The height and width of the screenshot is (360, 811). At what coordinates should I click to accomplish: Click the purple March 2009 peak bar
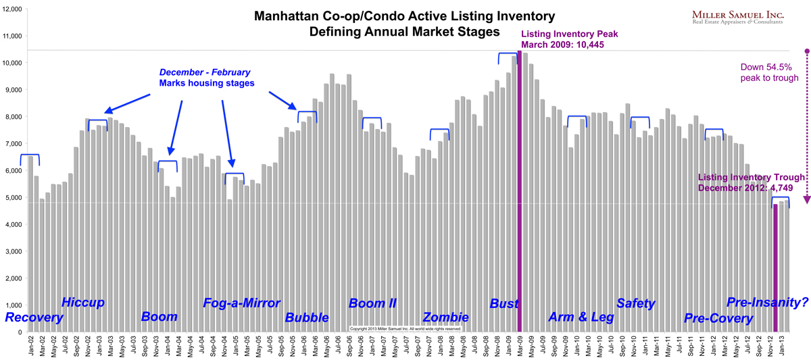(519, 196)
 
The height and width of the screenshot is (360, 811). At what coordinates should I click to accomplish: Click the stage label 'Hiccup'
(83, 302)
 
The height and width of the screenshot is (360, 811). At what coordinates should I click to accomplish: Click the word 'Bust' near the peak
(504, 304)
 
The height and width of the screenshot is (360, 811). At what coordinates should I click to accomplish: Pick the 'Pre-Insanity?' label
(766, 303)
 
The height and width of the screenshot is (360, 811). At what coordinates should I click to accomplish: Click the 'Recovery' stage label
(34, 317)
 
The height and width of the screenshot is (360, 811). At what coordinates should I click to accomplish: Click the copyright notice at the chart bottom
(405, 329)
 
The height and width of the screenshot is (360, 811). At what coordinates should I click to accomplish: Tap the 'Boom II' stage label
(372, 303)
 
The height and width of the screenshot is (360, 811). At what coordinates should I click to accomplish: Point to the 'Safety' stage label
(636, 303)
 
